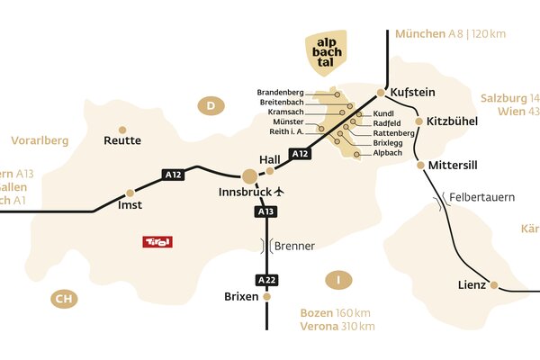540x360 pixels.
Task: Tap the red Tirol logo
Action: click(157, 242)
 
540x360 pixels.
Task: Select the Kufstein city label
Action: click(414, 92)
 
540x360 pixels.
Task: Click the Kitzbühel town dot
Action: click(418, 121)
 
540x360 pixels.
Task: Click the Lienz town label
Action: click(472, 285)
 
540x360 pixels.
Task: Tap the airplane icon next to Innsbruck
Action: click(279, 192)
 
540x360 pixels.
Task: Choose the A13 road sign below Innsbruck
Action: click(265, 211)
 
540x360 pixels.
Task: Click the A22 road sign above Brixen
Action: click(265, 279)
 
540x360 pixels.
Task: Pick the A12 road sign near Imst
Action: click(173, 174)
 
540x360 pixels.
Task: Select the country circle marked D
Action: click(210, 106)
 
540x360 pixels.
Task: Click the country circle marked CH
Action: click(62, 299)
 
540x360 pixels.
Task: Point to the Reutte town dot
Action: click(122, 130)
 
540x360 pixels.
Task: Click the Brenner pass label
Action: click(294, 245)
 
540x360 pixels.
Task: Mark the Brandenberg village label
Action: click(280, 93)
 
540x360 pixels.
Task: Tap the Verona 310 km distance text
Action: click(337, 326)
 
